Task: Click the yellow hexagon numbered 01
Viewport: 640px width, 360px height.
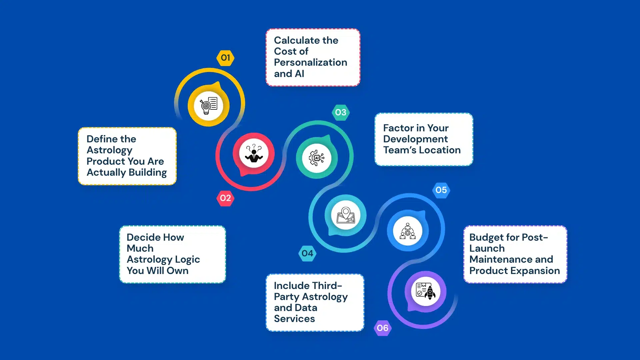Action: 225,58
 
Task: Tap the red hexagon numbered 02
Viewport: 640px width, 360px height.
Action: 225,198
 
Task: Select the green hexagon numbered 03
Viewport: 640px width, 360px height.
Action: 341,113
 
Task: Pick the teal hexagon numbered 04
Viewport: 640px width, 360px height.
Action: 307,254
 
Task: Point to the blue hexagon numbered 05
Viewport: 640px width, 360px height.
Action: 441,190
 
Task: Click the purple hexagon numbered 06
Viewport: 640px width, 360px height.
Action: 383,328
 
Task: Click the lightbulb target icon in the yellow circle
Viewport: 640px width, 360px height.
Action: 209,106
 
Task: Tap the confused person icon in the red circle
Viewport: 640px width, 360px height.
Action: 254,153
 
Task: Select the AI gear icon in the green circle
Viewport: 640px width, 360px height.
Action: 317,158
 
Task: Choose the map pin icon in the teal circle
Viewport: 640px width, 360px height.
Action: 346,215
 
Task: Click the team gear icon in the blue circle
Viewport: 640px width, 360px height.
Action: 408,231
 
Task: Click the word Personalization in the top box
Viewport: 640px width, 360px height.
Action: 311,62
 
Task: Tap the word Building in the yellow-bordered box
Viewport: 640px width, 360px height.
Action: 148,173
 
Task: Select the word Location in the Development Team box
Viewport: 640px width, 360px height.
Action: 440,150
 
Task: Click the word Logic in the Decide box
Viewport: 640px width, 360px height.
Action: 187,260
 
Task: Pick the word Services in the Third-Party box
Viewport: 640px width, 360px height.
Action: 294,319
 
